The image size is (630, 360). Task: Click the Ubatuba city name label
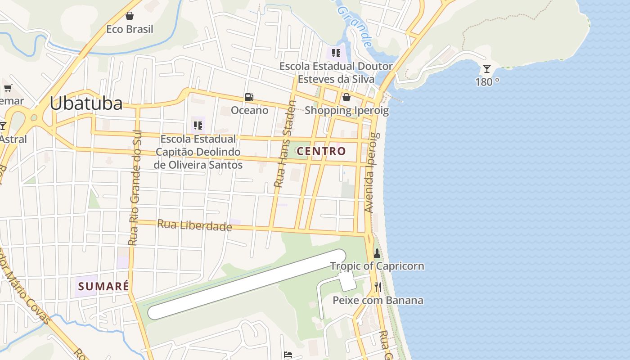click(86, 103)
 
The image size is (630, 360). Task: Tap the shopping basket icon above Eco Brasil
click(130, 16)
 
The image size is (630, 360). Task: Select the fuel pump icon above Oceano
click(249, 97)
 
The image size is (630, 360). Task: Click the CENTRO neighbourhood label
click(321, 151)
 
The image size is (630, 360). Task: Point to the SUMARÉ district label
click(103, 286)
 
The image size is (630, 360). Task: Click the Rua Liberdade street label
click(194, 225)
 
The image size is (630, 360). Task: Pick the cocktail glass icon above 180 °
click(486, 69)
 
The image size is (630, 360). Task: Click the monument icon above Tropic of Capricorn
click(377, 254)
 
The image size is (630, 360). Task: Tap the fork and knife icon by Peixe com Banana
click(378, 287)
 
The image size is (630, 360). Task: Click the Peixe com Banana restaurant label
click(378, 300)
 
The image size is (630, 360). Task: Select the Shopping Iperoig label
click(346, 110)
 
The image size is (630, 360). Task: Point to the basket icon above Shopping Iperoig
click(346, 97)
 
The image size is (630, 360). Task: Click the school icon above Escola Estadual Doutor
click(336, 53)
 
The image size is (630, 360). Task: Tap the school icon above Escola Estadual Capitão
click(198, 125)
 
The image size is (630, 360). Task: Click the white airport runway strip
click(247, 284)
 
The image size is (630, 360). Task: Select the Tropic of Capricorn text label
click(377, 266)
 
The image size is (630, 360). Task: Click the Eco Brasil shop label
click(130, 29)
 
